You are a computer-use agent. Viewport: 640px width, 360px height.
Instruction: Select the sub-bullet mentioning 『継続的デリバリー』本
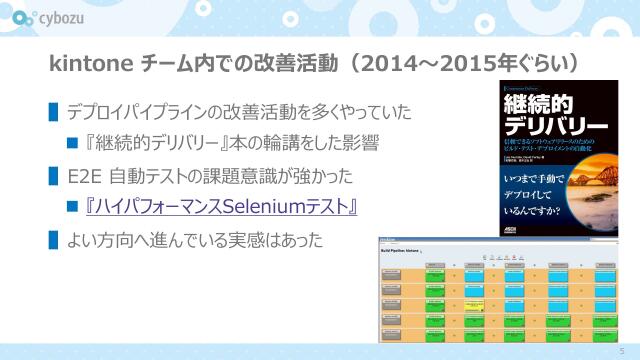(236, 142)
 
